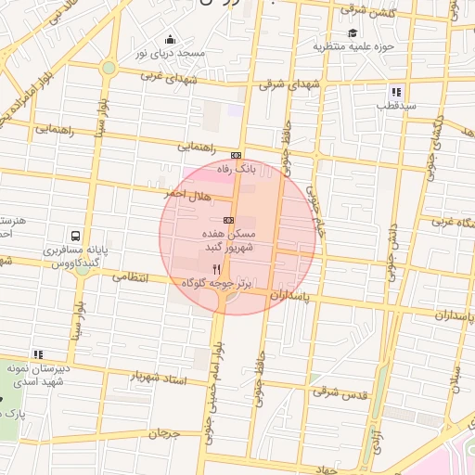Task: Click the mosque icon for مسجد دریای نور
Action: pos(170,39)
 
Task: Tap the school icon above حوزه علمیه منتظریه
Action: pos(352,32)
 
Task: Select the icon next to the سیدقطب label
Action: pos(396,92)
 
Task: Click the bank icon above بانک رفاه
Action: pos(237,155)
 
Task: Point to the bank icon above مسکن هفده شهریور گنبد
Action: pos(228,220)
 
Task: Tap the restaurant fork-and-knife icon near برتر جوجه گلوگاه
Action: pos(217,267)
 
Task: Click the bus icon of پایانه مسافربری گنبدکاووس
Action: pos(74,236)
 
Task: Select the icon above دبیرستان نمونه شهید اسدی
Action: pos(38,353)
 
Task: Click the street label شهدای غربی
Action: pos(169,77)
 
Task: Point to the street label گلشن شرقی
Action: pos(367,10)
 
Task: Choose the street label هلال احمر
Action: pos(187,196)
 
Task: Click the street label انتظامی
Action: pos(131,276)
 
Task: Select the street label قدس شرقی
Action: pos(340,393)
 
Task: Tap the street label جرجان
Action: pos(161,432)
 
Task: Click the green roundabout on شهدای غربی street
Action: pos(109,68)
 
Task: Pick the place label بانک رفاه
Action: pos(235,170)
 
